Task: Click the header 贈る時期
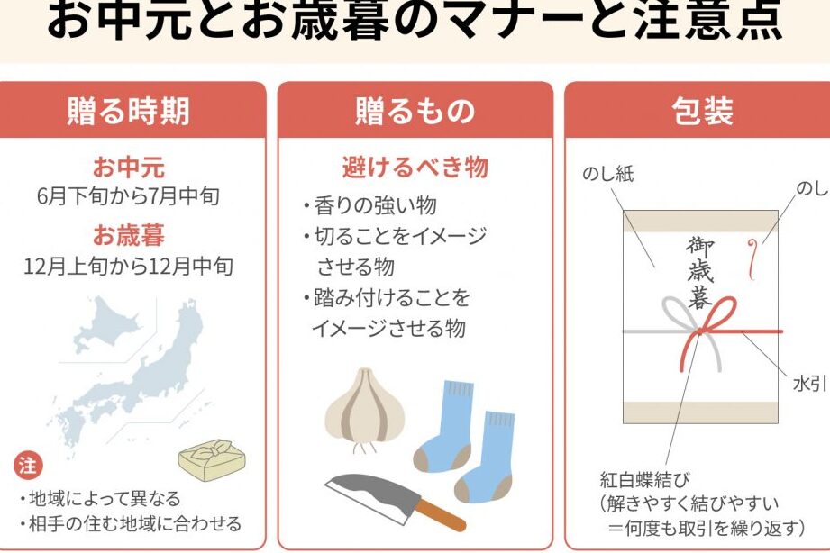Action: click(x=129, y=111)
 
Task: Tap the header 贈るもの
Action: click(x=415, y=111)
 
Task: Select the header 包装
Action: click(x=702, y=111)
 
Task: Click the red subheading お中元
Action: click(x=129, y=168)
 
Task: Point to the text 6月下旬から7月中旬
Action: click(x=128, y=196)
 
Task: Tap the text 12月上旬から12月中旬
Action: click(x=129, y=267)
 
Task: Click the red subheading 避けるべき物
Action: click(x=415, y=168)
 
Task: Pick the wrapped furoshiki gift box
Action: click(x=213, y=460)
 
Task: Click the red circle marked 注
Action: click(x=28, y=466)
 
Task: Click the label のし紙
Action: click(x=607, y=174)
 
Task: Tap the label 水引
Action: click(x=809, y=385)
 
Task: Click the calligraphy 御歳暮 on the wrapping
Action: click(x=700, y=272)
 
